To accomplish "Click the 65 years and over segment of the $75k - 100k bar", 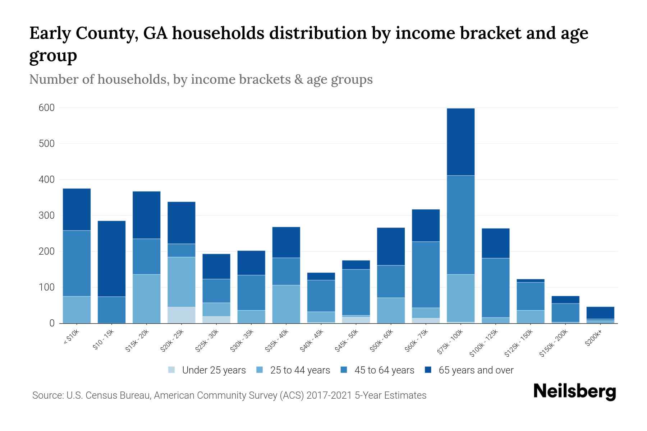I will [x=460, y=142].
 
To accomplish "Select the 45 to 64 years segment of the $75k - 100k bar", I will [x=460, y=225].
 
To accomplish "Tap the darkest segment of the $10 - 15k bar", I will [x=111, y=259].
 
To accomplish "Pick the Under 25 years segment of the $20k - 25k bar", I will [x=182, y=315].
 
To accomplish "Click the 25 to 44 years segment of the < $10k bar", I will [x=77, y=310].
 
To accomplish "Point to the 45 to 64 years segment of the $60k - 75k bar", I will [x=426, y=275].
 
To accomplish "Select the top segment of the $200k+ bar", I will [x=600, y=312].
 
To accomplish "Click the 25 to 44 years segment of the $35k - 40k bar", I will [x=286, y=304].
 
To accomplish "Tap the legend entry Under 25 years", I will [x=214, y=370].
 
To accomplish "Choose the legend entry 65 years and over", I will [x=476, y=370].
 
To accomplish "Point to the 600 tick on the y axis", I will [x=47, y=108].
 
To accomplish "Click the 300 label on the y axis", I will [x=47, y=215].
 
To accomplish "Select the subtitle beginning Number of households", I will [x=201, y=79].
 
